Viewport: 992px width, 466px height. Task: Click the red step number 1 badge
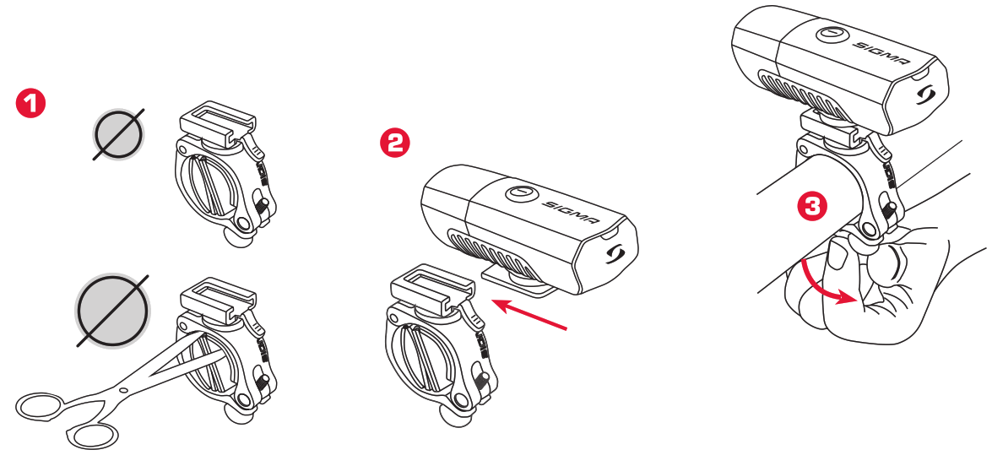tap(31, 105)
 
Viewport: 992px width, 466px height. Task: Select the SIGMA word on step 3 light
tap(884, 51)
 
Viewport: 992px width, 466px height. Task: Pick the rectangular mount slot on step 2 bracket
tap(431, 281)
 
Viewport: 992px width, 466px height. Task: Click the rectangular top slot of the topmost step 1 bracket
tap(218, 115)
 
